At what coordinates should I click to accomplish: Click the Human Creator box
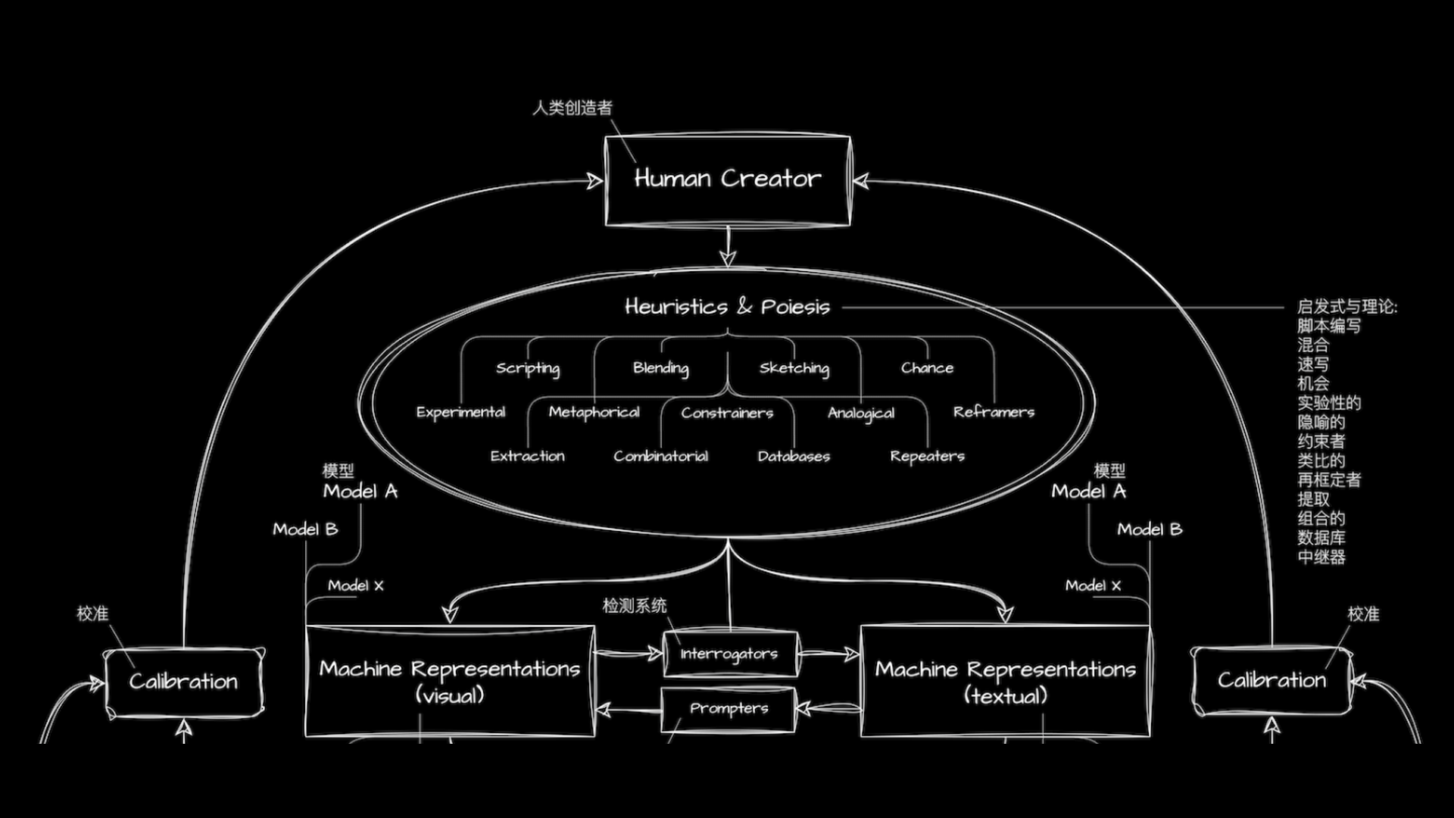tap(728, 180)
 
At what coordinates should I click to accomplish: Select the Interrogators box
tap(729, 654)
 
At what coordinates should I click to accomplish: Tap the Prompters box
tap(729, 709)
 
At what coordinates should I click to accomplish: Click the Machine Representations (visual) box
tap(450, 681)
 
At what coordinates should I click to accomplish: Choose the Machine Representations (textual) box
tap(1005, 682)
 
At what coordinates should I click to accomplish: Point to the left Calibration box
tap(184, 682)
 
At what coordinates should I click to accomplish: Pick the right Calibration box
tap(1271, 680)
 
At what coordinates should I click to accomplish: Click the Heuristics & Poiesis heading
tap(727, 307)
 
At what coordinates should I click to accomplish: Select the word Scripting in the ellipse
tap(528, 368)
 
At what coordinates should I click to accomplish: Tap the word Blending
tap(661, 368)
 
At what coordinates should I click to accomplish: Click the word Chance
tap(927, 368)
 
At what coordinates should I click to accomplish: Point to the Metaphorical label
tap(594, 412)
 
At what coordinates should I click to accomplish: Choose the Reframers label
tap(994, 412)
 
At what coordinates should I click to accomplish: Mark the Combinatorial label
tap(660, 456)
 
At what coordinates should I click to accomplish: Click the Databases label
tap(794, 456)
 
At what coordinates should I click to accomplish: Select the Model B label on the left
tap(305, 529)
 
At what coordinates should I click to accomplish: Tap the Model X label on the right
tap(1093, 585)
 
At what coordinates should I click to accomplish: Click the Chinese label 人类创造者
tap(573, 108)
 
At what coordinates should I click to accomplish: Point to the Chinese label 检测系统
tap(635, 606)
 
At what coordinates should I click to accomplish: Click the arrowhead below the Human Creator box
tap(728, 258)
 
